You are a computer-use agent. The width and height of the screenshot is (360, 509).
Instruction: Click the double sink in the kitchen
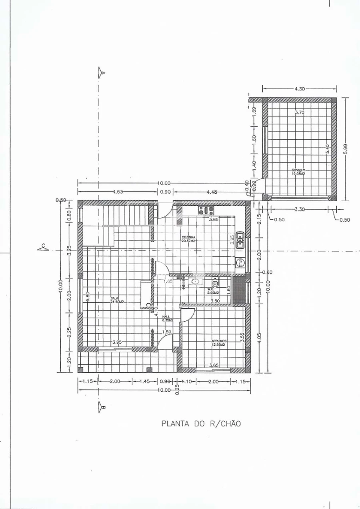240,240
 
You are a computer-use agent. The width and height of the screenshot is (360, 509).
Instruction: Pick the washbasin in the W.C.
196,282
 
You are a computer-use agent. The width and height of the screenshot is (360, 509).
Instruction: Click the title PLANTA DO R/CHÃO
201,423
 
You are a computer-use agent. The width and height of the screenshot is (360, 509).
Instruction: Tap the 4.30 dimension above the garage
300,89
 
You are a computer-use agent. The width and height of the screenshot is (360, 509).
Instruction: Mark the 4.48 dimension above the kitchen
212,192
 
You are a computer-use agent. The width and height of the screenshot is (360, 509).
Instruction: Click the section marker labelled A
102,72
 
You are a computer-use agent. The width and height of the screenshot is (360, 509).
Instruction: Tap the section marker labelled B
102,408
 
